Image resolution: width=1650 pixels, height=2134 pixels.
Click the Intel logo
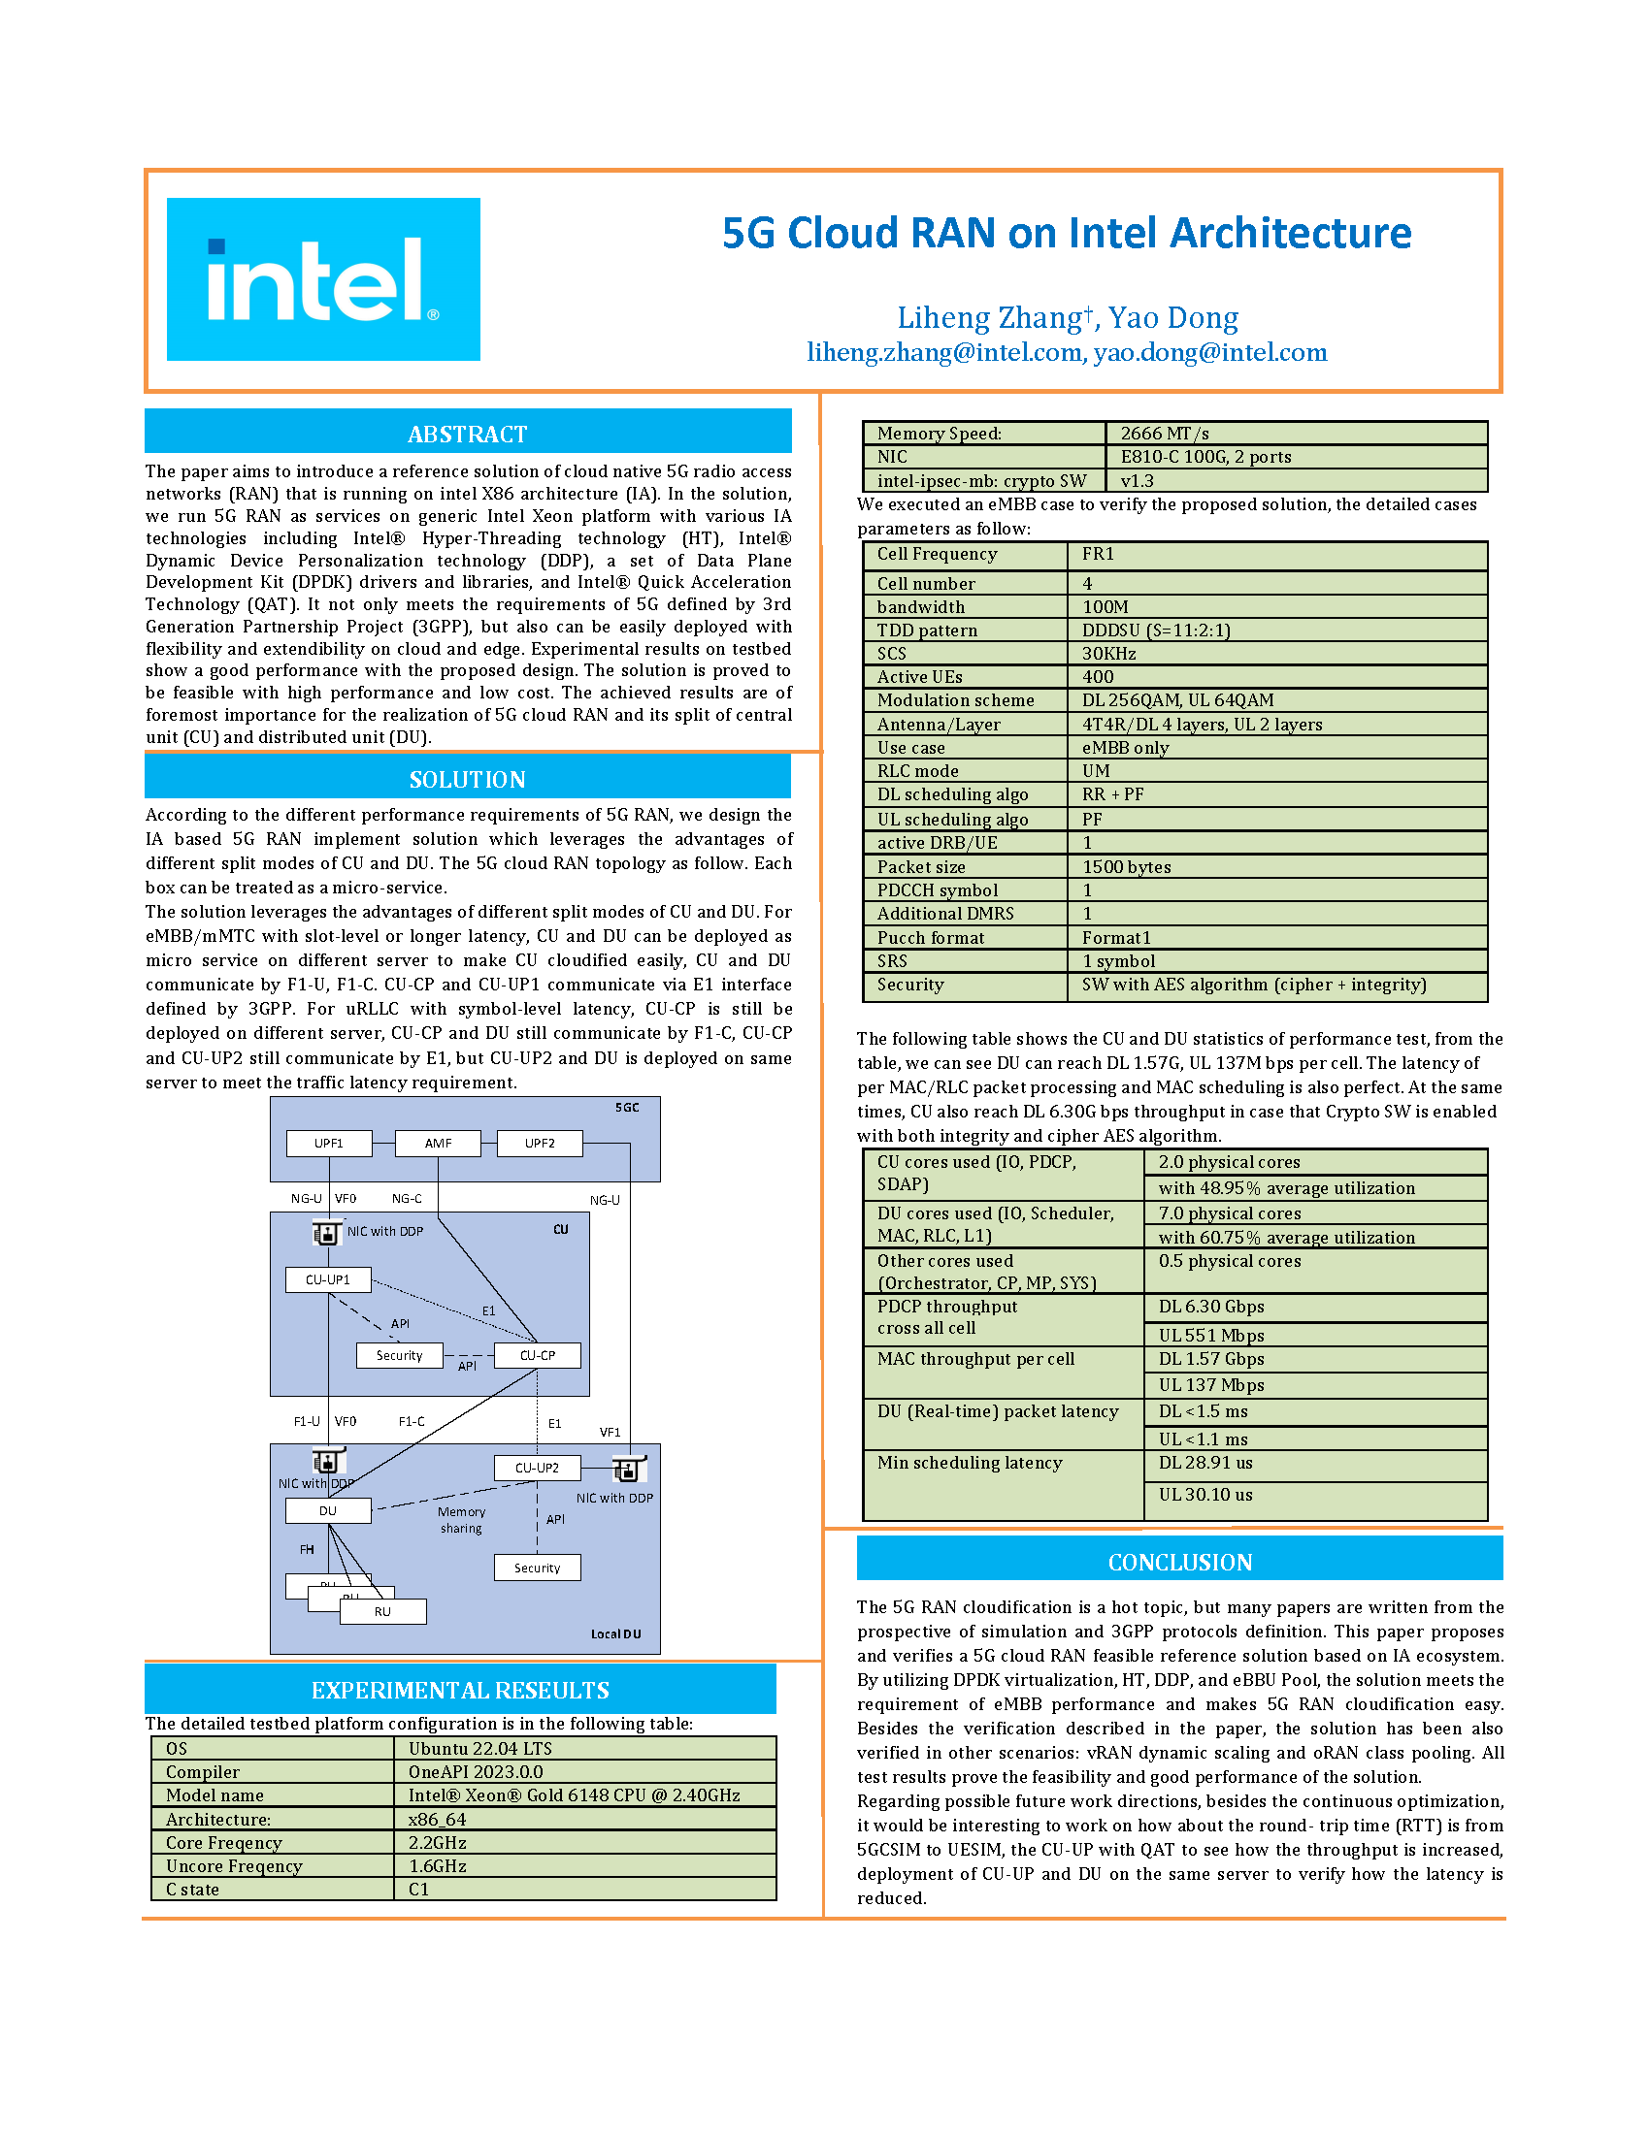point(322,278)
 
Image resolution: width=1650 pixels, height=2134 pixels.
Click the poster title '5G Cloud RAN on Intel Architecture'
point(1067,233)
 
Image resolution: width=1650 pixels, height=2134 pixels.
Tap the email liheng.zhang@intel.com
point(944,352)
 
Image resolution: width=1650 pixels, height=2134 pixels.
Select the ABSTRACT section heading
point(467,433)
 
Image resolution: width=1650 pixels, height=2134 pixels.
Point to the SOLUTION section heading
point(467,779)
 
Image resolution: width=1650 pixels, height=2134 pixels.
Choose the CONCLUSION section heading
point(1180,1562)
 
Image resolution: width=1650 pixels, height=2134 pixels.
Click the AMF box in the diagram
point(438,1144)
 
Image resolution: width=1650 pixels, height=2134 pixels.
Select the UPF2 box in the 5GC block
point(540,1144)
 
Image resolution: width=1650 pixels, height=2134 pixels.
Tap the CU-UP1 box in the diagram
point(327,1279)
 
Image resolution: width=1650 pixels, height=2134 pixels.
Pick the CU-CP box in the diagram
point(537,1355)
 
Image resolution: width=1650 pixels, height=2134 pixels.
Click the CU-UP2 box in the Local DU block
point(537,1468)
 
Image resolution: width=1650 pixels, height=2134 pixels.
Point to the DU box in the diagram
point(327,1510)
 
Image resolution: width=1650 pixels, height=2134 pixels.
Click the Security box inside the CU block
point(399,1355)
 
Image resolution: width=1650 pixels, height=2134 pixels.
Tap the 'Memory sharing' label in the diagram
point(461,1519)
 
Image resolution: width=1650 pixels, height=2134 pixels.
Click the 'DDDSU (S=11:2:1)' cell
point(1156,630)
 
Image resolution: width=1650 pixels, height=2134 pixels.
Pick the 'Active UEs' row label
point(920,676)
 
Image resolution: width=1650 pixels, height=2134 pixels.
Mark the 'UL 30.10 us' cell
point(1206,1494)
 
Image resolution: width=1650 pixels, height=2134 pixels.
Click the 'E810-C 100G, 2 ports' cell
point(1206,456)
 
